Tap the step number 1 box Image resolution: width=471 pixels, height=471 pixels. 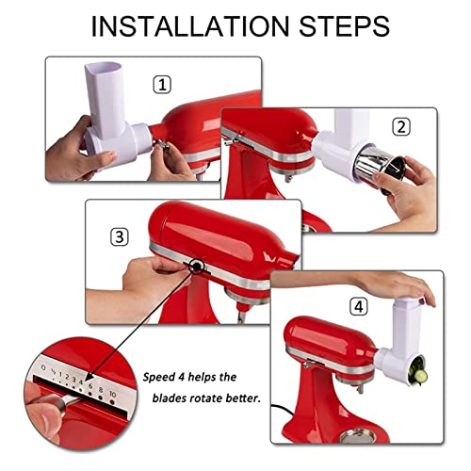pos(163,85)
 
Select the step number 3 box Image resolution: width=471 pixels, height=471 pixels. pos(119,236)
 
